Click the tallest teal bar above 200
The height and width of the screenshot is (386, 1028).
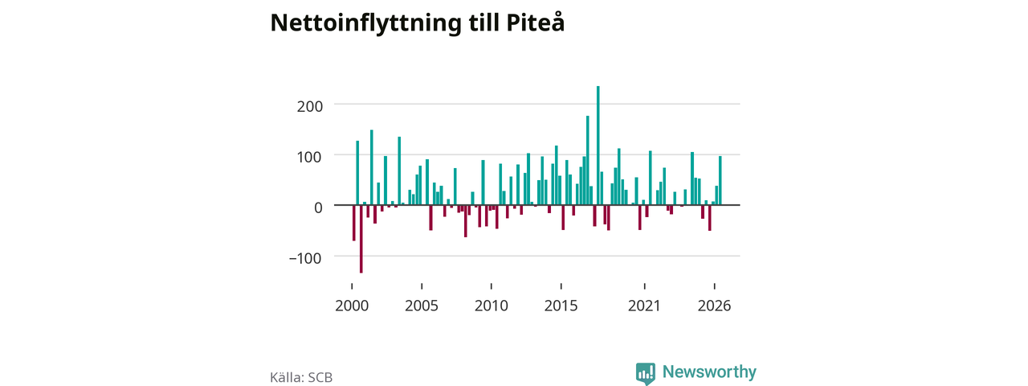(x=598, y=146)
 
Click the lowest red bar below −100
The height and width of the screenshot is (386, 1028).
(x=361, y=239)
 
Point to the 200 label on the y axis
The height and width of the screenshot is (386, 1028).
(x=310, y=106)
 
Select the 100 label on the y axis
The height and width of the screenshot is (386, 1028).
(x=310, y=157)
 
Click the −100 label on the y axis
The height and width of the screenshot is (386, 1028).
(x=305, y=258)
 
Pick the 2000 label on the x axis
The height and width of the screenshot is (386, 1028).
(x=352, y=306)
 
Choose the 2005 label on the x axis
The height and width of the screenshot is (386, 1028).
(x=422, y=306)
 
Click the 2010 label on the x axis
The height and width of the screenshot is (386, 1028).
(x=491, y=306)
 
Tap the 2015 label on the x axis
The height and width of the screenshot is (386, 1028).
(x=561, y=306)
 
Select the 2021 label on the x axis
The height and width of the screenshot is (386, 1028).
(x=644, y=306)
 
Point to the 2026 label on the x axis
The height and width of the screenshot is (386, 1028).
(x=714, y=306)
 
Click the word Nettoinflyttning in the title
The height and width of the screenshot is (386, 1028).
(x=365, y=23)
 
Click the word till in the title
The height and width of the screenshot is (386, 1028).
(x=484, y=23)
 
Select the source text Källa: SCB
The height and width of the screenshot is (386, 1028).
(x=301, y=377)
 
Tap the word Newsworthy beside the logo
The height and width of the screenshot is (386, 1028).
(x=709, y=372)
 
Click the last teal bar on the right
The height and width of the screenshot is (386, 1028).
(x=720, y=181)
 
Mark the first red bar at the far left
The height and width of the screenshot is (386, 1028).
(x=354, y=223)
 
